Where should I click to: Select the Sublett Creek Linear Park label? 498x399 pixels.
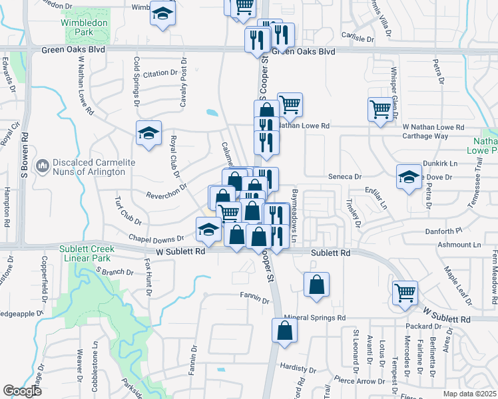(x=87, y=253)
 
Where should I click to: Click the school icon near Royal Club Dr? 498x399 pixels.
(x=149, y=133)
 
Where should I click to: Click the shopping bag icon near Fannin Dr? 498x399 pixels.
(x=316, y=284)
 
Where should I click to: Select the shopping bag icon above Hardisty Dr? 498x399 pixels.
(x=284, y=330)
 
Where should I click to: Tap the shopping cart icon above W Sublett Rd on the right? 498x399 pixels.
(x=405, y=292)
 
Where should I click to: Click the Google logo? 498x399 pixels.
(x=22, y=391)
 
